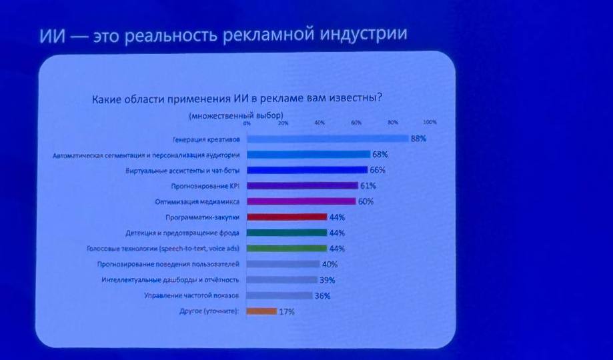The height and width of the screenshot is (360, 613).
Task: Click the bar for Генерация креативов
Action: pyautogui.click(x=327, y=139)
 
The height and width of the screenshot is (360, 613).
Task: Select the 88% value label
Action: pyautogui.click(x=418, y=139)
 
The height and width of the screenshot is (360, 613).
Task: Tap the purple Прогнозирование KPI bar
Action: pyautogui.click(x=301, y=185)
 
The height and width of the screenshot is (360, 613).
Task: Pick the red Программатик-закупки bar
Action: pyautogui.click(x=287, y=217)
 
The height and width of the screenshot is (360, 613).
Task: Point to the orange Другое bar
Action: pyautogui.click(x=261, y=311)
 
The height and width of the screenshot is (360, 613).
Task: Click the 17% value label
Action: pyautogui.click(x=286, y=311)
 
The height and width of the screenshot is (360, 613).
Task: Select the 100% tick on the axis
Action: pyautogui.click(x=430, y=122)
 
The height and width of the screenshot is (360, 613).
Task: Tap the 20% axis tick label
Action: pyautogui.click(x=283, y=123)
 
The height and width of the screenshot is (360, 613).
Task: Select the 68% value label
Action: pyautogui.click(x=380, y=154)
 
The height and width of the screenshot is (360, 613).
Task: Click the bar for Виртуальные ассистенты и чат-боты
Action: pyautogui.click(x=307, y=170)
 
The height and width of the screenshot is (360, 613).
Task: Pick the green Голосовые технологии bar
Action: pyautogui.click(x=287, y=248)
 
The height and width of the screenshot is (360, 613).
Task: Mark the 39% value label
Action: pyautogui.click(x=327, y=280)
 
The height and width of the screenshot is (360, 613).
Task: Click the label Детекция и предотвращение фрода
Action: pyautogui.click(x=183, y=233)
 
